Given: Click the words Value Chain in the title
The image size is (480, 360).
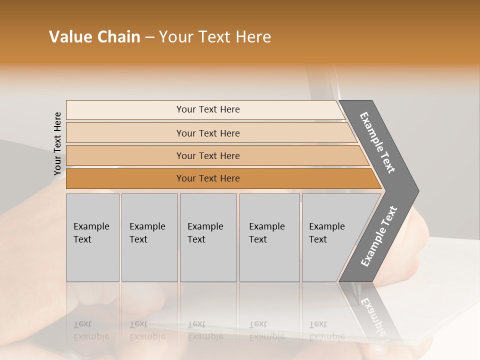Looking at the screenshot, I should click(x=94, y=37).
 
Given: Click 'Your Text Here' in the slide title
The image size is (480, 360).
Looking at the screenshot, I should click(x=215, y=37).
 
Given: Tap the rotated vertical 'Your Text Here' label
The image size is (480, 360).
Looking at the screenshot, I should click(x=57, y=143).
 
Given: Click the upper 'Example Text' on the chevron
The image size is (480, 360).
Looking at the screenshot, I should click(x=378, y=142).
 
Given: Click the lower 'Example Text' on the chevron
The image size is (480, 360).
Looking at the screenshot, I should click(x=379, y=236).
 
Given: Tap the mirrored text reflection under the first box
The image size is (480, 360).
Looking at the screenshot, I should click(x=91, y=330).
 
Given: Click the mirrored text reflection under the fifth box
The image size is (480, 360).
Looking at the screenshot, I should click(x=326, y=330).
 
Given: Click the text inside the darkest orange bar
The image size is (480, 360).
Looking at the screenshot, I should click(x=208, y=178).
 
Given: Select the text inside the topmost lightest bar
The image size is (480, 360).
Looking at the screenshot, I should click(x=208, y=109).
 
